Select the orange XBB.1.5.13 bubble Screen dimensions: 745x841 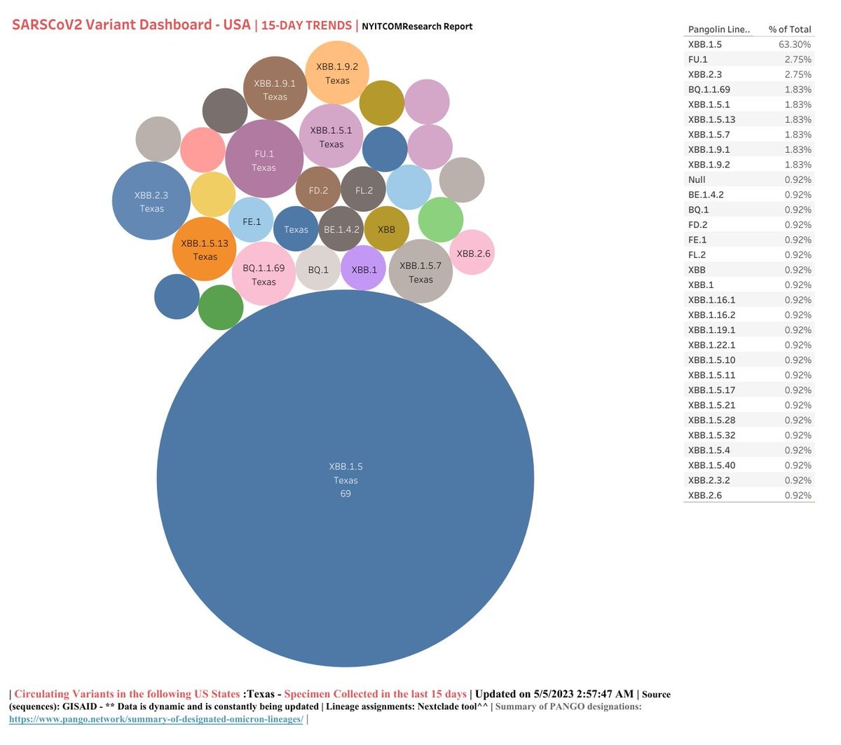point(205,250)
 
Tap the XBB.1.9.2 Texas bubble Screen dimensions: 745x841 point(337,73)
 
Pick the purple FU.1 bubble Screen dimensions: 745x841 point(264,160)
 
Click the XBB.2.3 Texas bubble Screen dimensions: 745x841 point(151,201)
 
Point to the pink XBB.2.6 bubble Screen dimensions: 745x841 point(473,253)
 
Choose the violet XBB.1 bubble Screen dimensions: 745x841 point(364,269)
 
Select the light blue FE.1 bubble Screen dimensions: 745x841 point(252,221)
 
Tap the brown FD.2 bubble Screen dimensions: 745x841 point(318,190)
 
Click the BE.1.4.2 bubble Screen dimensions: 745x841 point(341,229)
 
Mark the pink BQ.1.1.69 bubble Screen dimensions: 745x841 point(264,274)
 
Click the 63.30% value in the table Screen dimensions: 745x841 point(794,44)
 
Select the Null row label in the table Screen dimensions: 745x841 point(697,179)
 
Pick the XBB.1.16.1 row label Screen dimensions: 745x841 point(711,300)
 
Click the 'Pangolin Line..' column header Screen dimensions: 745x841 point(718,29)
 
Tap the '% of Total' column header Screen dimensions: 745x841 point(789,29)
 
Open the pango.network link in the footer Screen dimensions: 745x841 point(156,720)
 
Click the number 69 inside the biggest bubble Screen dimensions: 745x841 point(346,493)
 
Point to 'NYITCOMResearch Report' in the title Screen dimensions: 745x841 point(417,27)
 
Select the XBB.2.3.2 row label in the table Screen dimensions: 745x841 point(709,480)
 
